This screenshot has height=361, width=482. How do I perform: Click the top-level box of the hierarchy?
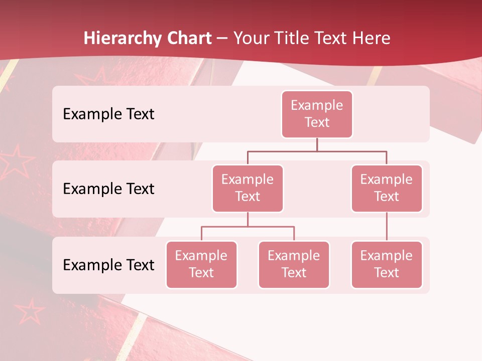pyautogui.click(x=317, y=114)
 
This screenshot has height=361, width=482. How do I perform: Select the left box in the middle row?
pyautogui.click(x=248, y=188)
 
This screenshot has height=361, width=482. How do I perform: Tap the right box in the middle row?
pyautogui.click(x=387, y=188)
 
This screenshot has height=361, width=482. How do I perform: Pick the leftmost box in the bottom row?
pyautogui.click(x=201, y=264)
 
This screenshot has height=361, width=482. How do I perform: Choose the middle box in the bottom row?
pyautogui.click(x=294, y=264)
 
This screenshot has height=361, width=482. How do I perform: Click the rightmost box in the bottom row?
pyautogui.click(x=387, y=264)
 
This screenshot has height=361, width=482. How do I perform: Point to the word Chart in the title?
pyautogui.click(x=186, y=39)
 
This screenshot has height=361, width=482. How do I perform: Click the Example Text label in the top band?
pyautogui.click(x=108, y=114)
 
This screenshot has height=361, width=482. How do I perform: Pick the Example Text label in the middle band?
pyautogui.click(x=108, y=189)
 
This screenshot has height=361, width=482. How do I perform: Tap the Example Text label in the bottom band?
pyautogui.click(x=108, y=265)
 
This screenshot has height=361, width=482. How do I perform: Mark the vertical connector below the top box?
pyautogui.click(x=317, y=144)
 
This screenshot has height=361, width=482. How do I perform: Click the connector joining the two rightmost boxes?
pyautogui.click(x=387, y=227)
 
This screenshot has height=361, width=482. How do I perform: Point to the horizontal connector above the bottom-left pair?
pyautogui.click(x=248, y=227)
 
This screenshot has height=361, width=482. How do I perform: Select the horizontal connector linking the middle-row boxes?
pyautogui.click(x=317, y=151)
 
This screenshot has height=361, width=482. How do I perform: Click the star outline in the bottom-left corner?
pyautogui.click(x=29, y=312)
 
